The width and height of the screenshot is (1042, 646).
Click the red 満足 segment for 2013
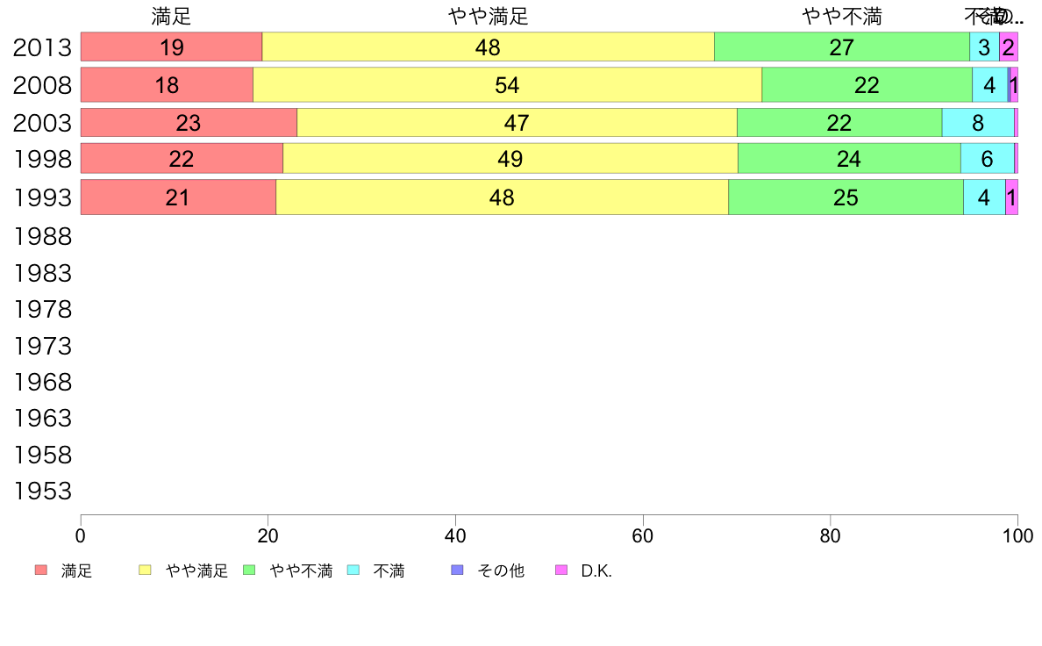(171, 47)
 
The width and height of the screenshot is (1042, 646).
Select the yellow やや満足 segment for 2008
(507, 85)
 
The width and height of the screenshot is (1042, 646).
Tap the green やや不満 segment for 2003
(839, 123)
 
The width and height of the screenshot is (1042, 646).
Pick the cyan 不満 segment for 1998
(987, 159)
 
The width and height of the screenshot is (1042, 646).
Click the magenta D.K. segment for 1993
(1011, 197)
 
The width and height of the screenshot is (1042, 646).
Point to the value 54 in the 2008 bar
(507, 85)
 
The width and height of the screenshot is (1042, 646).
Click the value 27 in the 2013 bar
(841, 47)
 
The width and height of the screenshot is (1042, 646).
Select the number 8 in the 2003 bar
(978, 123)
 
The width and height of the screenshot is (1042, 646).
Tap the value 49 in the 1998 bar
(510, 159)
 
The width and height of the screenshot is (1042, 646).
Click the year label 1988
(42, 236)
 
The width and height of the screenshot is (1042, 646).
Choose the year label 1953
(42, 492)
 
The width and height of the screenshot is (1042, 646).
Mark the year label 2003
(42, 123)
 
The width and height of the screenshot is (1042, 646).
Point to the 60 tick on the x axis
(643, 535)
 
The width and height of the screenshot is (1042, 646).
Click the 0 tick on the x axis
(81, 535)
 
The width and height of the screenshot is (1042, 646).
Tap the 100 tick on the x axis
(1017, 535)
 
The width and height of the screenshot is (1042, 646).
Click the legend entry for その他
(500, 571)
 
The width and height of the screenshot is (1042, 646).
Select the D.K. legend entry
(596, 571)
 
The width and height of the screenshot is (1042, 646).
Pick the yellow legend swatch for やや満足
(145, 571)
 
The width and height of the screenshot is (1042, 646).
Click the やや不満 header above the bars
(841, 17)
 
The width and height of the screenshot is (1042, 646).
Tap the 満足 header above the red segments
(171, 17)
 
